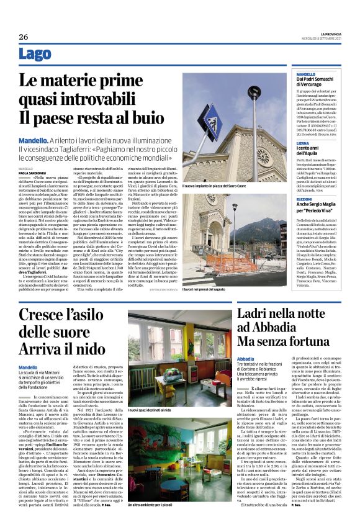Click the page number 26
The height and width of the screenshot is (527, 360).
[x=24, y=37]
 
